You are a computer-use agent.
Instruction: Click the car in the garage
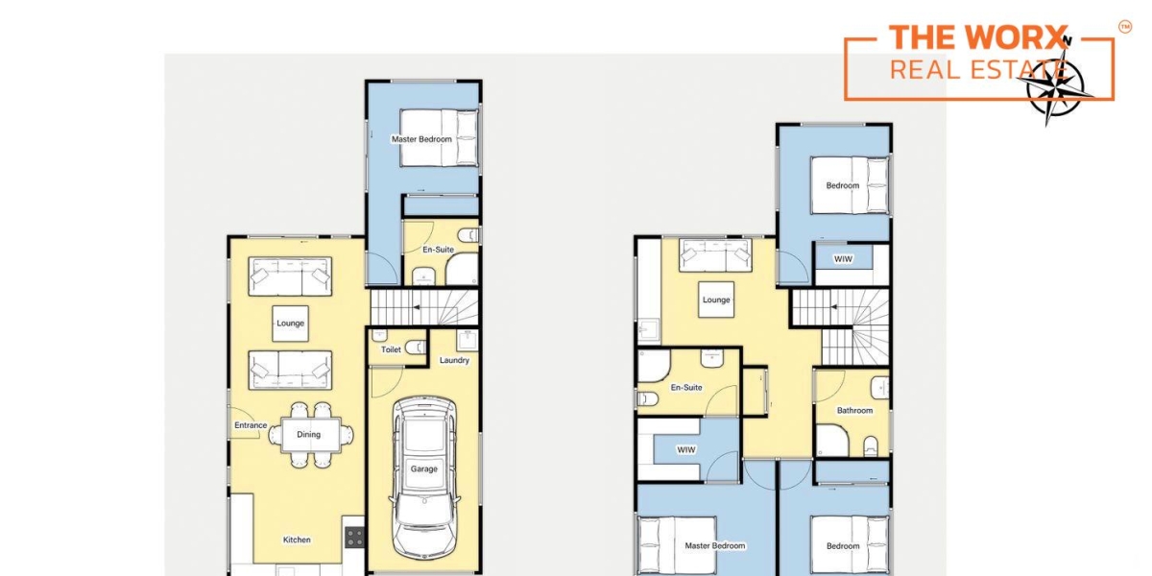424,481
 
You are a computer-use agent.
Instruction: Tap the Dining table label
308,435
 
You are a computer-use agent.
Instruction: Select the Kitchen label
297,540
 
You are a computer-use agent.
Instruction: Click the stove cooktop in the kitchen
355,537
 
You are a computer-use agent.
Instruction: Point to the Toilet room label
391,349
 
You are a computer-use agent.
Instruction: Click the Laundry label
454,361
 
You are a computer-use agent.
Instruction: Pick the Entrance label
251,425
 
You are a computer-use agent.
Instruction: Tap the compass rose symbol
1054,87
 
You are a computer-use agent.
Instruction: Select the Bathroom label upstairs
854,411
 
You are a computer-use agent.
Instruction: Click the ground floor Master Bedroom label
421,139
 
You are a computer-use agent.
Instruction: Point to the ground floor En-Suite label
438,250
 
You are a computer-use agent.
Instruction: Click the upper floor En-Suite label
686,387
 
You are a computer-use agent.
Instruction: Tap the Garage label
423,469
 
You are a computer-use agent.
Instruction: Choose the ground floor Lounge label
291,324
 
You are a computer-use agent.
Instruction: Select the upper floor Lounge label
716,300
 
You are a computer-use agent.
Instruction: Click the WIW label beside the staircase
843,259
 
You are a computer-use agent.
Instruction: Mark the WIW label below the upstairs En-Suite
686,450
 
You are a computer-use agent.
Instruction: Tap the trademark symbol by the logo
1125,27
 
